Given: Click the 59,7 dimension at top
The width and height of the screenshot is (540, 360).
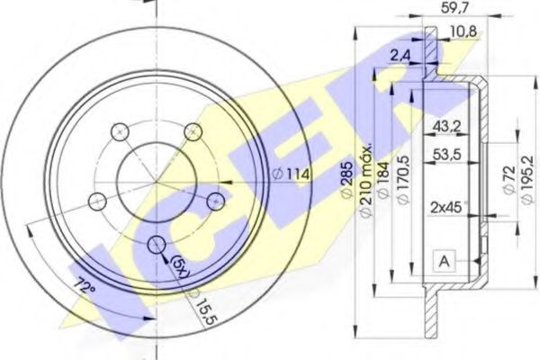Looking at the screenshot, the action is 454,7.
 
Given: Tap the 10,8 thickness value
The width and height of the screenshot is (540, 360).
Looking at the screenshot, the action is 463,32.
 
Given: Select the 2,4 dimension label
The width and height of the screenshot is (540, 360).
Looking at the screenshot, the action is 400,55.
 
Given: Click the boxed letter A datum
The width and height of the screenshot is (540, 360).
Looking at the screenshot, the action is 445,262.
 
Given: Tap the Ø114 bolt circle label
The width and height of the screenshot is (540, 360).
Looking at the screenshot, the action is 291,175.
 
